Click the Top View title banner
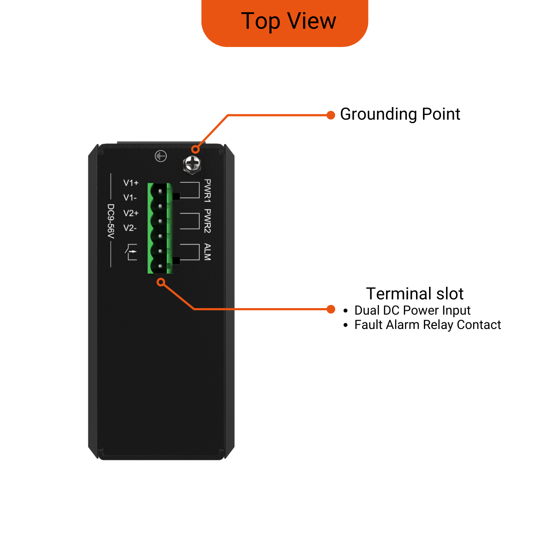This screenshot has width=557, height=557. pos(285,23)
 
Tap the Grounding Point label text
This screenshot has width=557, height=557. pos(400,114)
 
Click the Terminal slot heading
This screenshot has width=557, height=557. pos(415,294)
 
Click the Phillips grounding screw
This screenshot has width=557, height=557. pos(192,165)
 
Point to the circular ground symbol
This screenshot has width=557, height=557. pos(161,156)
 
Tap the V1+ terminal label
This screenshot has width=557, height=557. pos(131,183)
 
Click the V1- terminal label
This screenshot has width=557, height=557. pos(130,198)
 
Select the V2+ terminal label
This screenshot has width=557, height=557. pos(131,213)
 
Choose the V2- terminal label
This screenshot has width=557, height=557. pos(130,228)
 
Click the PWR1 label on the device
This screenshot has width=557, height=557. pos(208,191)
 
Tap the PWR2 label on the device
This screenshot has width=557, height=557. pos(208,221)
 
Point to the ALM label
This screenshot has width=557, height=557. pos(208,252)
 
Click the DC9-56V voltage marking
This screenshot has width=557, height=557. pos(111,221)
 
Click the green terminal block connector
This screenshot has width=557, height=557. pos(160,228)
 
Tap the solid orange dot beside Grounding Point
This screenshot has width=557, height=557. pos(331,115)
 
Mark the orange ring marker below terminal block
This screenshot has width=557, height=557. pos(161,282)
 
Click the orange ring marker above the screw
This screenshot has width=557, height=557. pos(196,149)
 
